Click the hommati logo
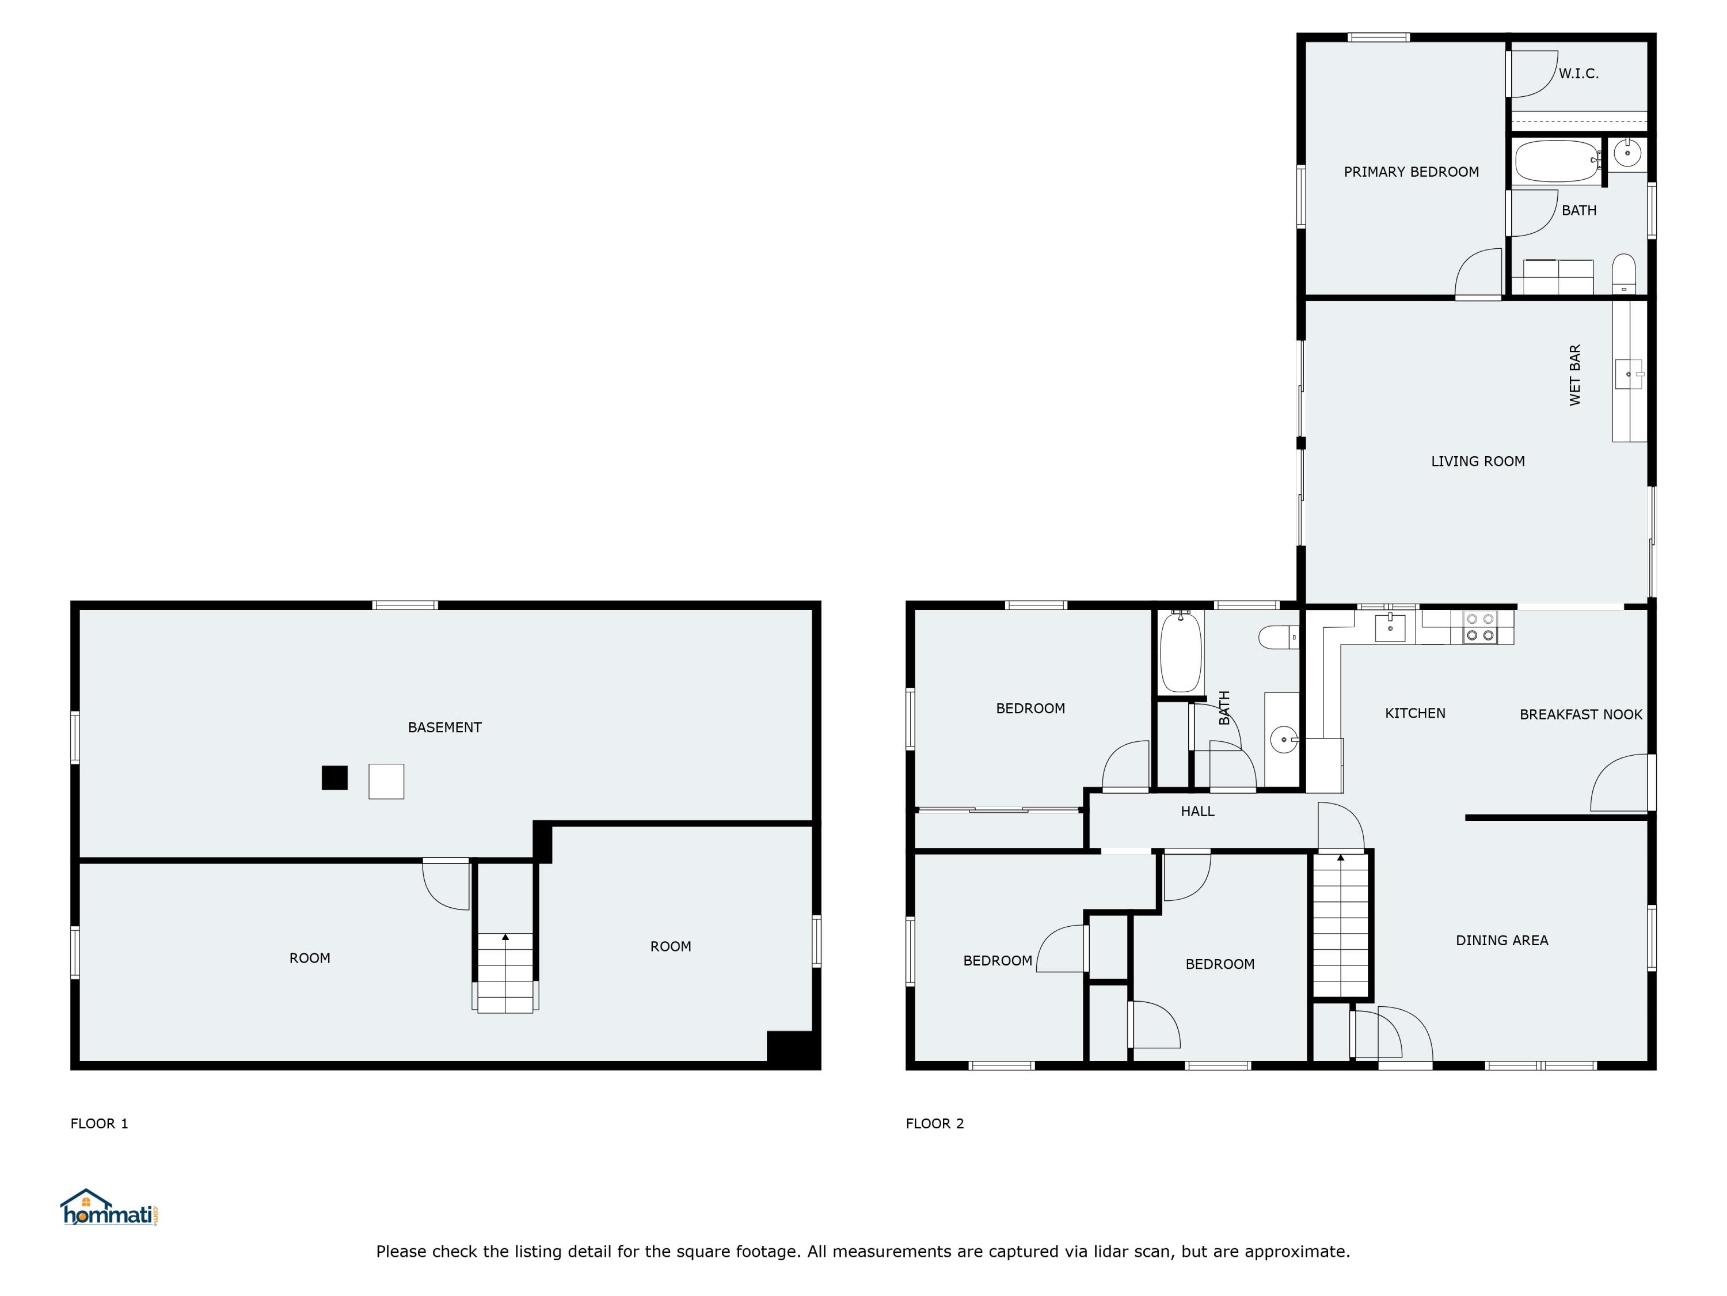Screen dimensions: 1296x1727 pos(109,1208)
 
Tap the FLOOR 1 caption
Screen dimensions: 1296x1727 pos(99,1123)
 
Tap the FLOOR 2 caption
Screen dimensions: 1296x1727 pos(934,1123)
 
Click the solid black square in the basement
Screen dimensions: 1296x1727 pos(334,778)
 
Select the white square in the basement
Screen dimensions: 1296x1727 pos(386,781)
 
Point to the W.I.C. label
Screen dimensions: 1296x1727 pos(1578,73)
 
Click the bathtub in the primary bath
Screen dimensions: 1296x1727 pos(1556,161)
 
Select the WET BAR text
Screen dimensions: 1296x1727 pos(1575,375)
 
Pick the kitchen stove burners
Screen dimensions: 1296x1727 pos(1479,627)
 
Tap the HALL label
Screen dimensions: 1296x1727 pos(1197,811)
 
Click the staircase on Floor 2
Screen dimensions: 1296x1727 pos(1341,926)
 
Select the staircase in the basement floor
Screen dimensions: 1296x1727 pos(505,973)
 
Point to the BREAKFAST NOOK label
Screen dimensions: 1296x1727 pos(1580,714)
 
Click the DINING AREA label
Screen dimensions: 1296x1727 pos(1501,940)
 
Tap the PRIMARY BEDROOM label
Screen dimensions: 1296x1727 pos(1411,172)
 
